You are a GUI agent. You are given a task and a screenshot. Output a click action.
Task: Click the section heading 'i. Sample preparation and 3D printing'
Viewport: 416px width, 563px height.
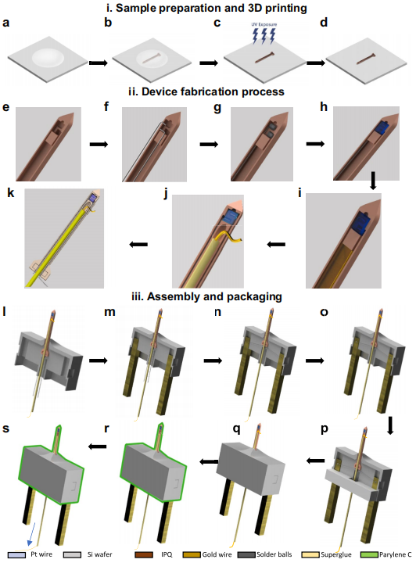207,8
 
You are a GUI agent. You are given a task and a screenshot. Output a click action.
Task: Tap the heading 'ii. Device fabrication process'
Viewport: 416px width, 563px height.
206,91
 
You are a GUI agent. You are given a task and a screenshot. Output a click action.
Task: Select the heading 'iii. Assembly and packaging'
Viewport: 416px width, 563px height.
206,296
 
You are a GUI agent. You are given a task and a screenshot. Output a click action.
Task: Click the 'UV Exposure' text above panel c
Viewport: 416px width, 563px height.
264,24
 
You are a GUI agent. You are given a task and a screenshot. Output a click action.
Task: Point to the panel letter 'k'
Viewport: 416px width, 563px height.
11,193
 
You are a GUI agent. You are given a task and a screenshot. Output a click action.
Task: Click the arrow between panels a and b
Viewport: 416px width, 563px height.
99,63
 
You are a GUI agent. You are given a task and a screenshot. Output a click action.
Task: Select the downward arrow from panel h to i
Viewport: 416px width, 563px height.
373,181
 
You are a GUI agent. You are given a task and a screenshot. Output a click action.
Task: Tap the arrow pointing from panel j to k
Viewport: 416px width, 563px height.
138,245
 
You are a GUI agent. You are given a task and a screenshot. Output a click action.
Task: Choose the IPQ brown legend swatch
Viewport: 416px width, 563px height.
144,554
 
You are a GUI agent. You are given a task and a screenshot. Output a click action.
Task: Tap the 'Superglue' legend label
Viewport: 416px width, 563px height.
336,554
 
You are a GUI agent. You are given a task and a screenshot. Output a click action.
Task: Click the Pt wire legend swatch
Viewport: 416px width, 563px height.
16,554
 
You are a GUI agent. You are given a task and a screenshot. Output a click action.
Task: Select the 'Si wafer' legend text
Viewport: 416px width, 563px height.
100,554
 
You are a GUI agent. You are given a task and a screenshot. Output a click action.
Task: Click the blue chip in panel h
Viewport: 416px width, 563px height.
381,128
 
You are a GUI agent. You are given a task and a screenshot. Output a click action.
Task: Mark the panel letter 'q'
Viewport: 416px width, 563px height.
236,429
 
